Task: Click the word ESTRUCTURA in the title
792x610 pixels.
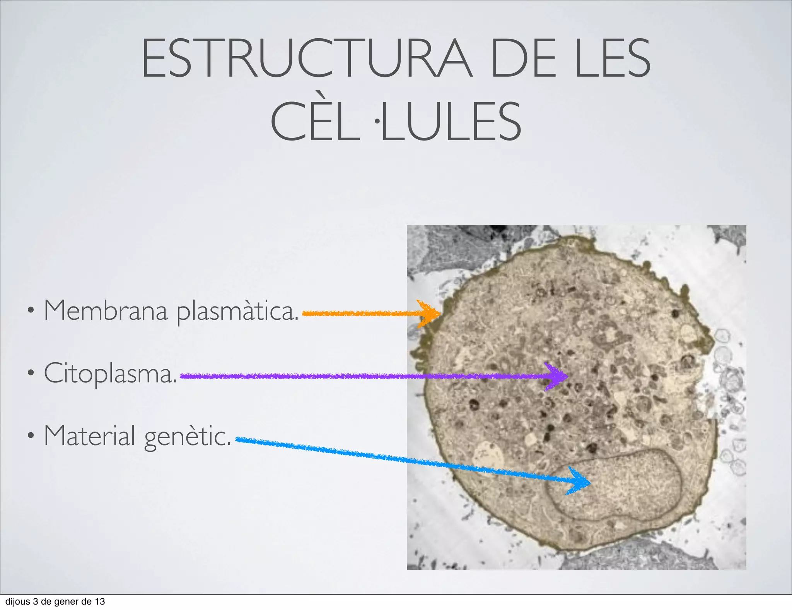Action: (306, 59)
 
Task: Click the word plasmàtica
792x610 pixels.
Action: (237, 312)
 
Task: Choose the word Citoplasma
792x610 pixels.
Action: (110, 374)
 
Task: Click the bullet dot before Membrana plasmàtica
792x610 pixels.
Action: (30, 310)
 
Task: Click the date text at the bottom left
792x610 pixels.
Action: (55, 601)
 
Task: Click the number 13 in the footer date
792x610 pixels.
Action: (100, 601)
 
